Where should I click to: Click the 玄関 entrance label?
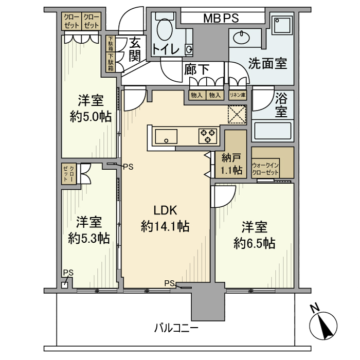[x=135, y=49]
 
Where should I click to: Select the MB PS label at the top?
[x=220, y=19]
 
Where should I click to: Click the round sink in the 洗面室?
[x=240, y=37]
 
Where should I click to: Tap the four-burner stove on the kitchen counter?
[x=208, y=136]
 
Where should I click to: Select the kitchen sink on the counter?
[x=166, y=137]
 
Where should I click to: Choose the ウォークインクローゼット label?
[x=265, y=169]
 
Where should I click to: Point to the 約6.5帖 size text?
[x=254, y=243]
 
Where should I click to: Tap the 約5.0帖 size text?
[x=91, y=116]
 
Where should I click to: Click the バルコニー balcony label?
[x=176, y=328]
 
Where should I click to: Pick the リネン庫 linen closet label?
[x=238, y=95]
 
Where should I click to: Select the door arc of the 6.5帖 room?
[x=224, y=195]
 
